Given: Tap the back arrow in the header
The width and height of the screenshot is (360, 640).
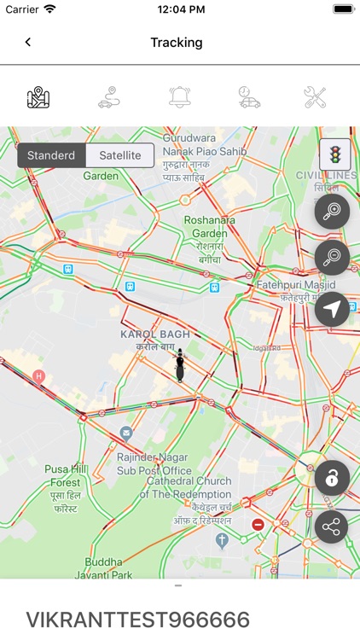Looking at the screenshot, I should click(x=28, y=42).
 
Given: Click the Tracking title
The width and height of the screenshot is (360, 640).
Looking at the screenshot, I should click(x=177, y=42).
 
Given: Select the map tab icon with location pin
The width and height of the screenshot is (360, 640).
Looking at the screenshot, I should click(x=38, y=97).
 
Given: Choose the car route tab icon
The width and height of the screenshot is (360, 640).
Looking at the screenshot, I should click(x=109, y=97).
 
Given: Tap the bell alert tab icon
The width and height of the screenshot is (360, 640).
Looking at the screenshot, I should click(x=180, y=97).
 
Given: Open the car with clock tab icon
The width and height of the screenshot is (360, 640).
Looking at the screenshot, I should click(x=249, y=97).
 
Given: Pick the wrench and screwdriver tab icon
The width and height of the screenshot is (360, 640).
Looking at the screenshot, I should click(x=316, y=97).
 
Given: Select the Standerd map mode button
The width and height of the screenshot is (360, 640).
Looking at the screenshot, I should click(x=51, y=155).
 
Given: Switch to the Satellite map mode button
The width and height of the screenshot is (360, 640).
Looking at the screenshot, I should click(x=120, y=155).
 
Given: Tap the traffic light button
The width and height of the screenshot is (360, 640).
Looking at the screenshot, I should click(x=334, y=154).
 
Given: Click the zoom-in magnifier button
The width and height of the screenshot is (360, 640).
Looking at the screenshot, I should click(x=332, y=211).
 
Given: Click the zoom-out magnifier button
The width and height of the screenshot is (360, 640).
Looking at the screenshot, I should click(x=332, y=257).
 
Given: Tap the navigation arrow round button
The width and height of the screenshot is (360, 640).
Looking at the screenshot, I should click(x=332, y=309).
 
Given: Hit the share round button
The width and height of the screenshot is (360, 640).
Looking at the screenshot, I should click(x=332, y=527).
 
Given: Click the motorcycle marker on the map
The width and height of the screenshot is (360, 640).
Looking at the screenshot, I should click(x=180, y=365).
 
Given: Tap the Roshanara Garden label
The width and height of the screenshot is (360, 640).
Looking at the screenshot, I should click(x=210, y=226).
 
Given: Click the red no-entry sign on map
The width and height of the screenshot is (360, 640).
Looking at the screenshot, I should click(x=258, y=524).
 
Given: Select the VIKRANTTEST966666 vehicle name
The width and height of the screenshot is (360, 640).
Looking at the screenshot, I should click(x=138, y=620).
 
